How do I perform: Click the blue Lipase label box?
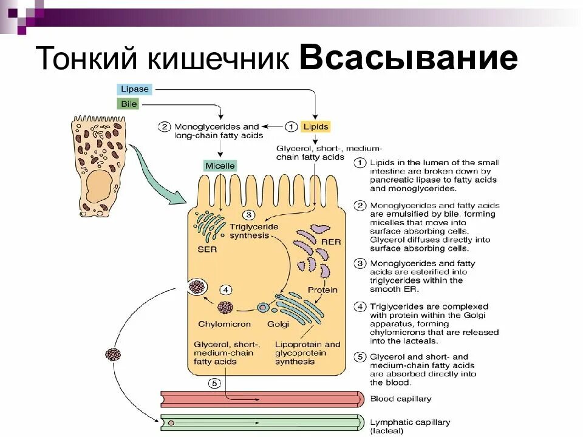coord(134,89)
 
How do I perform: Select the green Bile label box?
coord(129,104)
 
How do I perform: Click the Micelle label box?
coord(220,166)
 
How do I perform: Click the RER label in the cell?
coord(331,242)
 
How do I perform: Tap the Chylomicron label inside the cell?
coord(224,324)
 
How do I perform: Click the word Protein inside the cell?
coord(322,290)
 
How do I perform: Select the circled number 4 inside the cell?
coord(226,290)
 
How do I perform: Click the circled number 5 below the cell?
coord(215,383)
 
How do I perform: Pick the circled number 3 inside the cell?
coord(248,215)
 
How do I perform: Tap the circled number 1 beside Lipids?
coord(291,127)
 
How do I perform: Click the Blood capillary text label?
coord(401,399)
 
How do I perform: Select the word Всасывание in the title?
coord(408,59)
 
